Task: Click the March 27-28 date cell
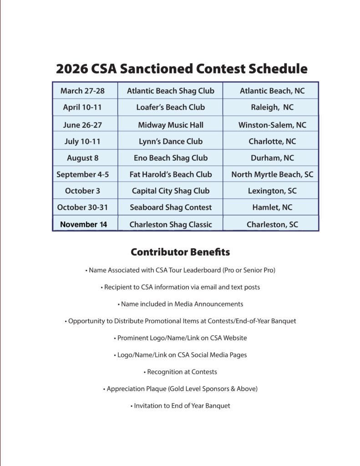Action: (x=82, y=91)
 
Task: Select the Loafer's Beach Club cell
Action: (x=170, y=107)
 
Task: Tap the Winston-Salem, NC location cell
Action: (x=272, y=125)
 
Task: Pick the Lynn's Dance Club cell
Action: (x=170, y=141)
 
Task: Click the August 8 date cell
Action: (x=82, y=158)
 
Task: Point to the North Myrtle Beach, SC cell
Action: (x=272, y=174)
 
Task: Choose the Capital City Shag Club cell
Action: (x=170, y=191)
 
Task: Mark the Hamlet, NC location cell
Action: (x=272, y=207)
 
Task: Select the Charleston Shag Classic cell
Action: (x=170, y=224)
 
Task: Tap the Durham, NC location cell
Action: (x=272, y=158)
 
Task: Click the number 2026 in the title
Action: (x=71, y=69)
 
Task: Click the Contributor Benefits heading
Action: (x=180, y=252)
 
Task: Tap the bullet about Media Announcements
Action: (x=180, y=304)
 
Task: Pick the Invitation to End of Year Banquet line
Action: (x=180, y=405)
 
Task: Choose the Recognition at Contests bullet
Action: (x=180, y=372)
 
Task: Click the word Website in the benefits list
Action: (x=234, y=338)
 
